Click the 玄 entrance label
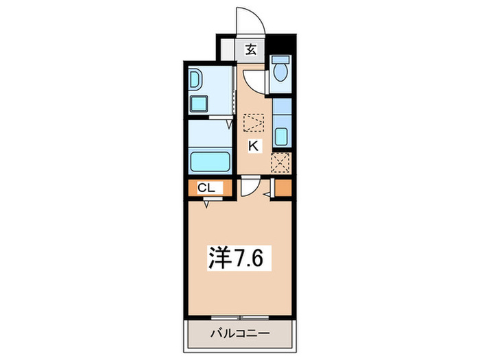click(252, 49)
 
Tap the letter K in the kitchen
click(253, 145)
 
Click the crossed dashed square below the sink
click(280, 163)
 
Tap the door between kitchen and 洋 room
click(249, 187)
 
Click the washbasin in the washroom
click(196, 81)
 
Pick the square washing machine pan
click(200, 105)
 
